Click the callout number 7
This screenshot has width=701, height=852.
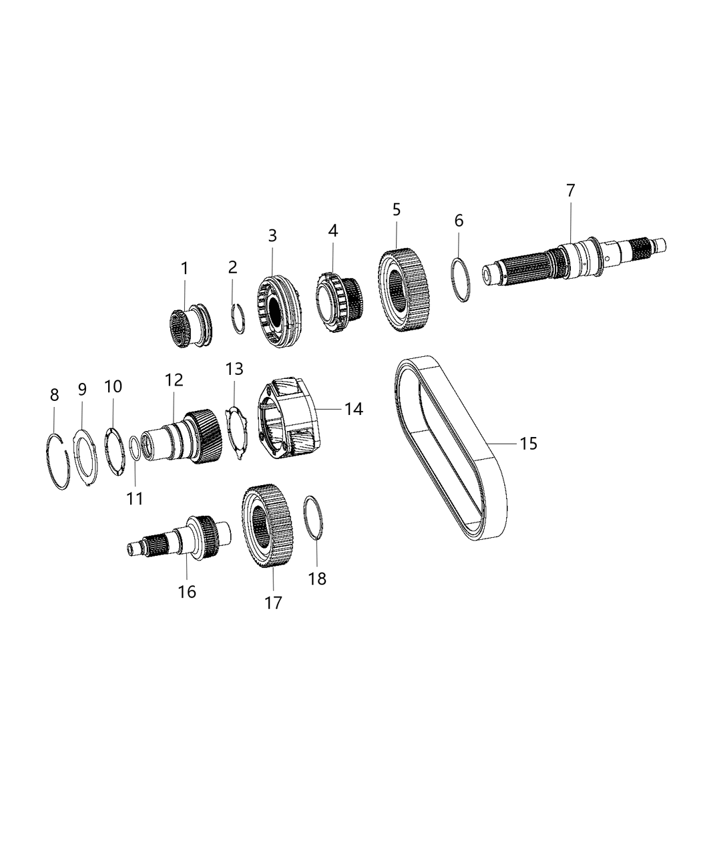point(570,190)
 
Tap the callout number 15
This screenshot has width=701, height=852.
point(528,443)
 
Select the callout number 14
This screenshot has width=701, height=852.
point(353,409)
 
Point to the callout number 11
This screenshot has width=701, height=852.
point(135,498)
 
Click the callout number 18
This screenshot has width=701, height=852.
point(317,579)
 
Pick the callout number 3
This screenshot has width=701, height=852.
point(272,235)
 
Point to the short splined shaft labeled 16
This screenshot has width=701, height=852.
point(180,536)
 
